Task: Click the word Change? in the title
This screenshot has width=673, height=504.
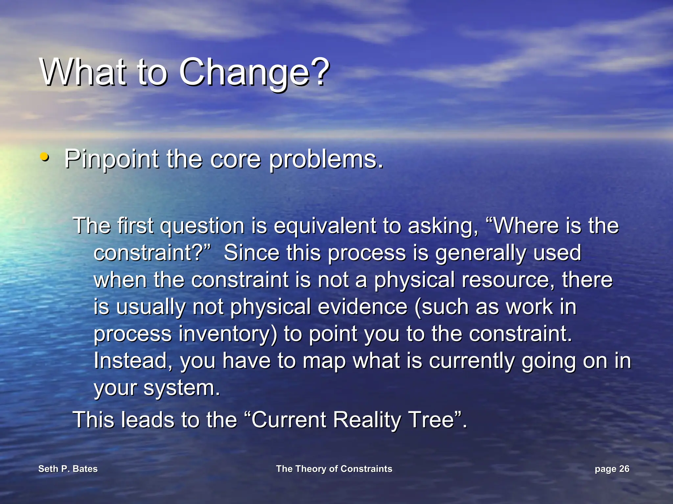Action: coord(254,72)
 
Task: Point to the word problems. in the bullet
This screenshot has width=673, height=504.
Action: coord(326,159)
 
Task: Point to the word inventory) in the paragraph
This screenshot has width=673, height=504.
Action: coord(228,334)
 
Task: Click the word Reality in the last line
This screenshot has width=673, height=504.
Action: coord(367,420)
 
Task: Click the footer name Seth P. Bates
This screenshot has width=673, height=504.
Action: coord(68,469)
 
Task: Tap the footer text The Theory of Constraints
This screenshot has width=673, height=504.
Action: coord(334,469)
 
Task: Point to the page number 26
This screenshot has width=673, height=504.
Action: coord(624,469)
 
